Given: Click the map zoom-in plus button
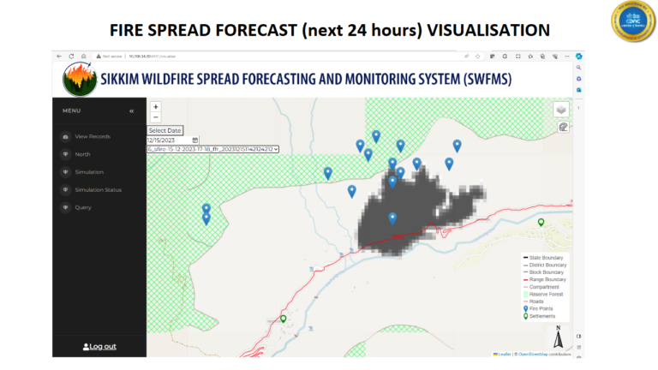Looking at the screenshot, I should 156,107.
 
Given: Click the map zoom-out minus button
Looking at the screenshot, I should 156,117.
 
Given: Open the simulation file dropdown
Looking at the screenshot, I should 212,149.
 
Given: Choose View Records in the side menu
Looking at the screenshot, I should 93,136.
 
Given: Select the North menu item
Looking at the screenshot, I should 82,154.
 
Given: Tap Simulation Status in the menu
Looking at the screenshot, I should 98,189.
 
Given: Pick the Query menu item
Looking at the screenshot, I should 83,207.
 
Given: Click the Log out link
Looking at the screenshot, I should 99,346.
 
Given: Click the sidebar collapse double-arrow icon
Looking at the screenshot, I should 131,110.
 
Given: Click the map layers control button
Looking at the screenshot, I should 561,109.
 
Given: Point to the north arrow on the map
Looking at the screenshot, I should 558,337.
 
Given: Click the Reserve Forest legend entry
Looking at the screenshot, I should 549,294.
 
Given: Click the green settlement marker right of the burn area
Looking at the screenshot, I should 541,223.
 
